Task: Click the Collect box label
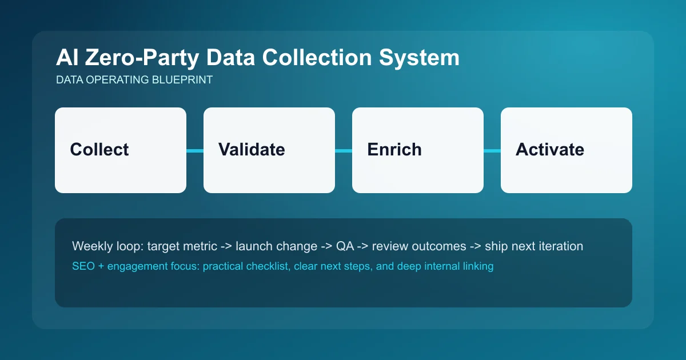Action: tap(99, 150)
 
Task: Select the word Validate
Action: tap(252, 150)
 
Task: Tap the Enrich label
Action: tap(394, 150)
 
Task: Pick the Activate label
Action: tap(550, 150)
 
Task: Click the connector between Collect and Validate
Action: tap(195, 151)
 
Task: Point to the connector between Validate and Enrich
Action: tap(344, 151)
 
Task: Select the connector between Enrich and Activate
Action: tap(492, 151)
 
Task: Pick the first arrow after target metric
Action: tap(225, 246)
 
